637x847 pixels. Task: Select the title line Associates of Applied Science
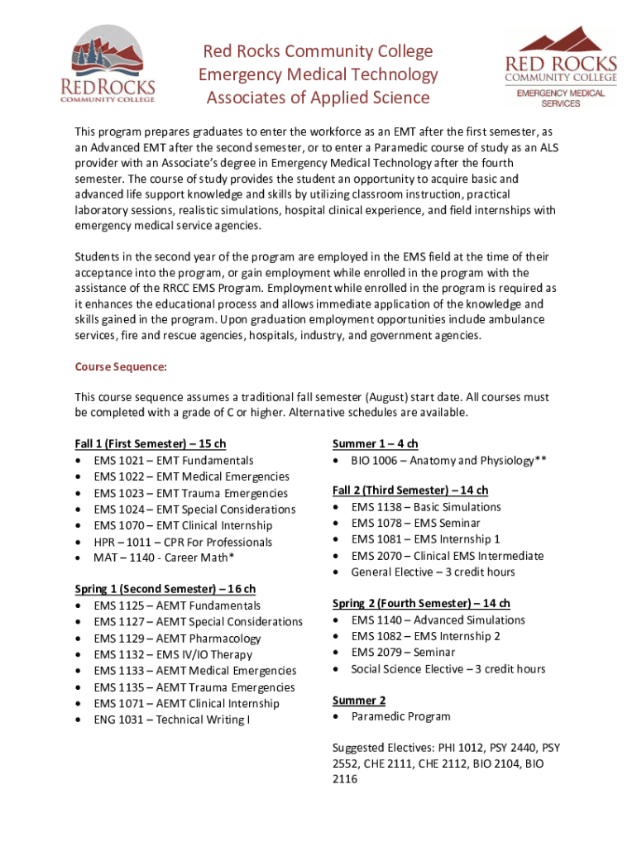(x=318, y=98)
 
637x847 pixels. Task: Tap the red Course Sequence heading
(x=121, y=366)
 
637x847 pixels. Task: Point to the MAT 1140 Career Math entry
(x=164, y=557)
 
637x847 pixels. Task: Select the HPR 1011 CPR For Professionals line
(x=183, y=542)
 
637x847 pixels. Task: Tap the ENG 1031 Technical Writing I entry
(x=172, y=720)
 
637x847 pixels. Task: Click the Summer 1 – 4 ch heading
(x=375, y=444)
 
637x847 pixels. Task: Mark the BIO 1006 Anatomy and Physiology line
(x=448, y=461)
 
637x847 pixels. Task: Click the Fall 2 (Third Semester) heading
(x=410, y=490)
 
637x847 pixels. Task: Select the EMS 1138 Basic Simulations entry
(x=425, y=507)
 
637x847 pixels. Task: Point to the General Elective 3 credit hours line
(x=433, y=572)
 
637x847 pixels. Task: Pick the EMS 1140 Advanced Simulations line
(x=438, y=620)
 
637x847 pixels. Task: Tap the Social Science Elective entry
(x=448, y=669)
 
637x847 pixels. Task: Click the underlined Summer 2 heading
(x=359, y=701)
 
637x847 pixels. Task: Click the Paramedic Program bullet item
(x=400, y=716)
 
